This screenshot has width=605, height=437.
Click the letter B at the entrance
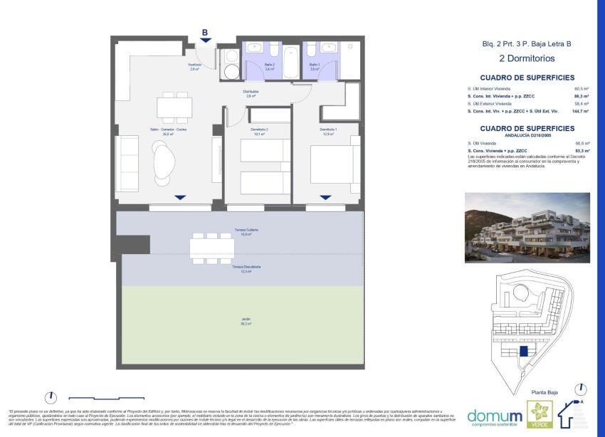coord(205,33)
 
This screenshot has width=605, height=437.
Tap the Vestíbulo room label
coord(194,67)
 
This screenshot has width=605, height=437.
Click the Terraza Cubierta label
coord(246,232)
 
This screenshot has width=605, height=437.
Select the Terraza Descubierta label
coord(246,268)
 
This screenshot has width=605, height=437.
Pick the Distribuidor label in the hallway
coord(247,93)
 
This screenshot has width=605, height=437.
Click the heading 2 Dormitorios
coord(527,58)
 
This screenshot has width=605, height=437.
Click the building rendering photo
coord(527,228)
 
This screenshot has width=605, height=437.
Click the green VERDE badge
coord(538,415)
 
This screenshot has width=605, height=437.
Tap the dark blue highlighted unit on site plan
coord(524,350)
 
